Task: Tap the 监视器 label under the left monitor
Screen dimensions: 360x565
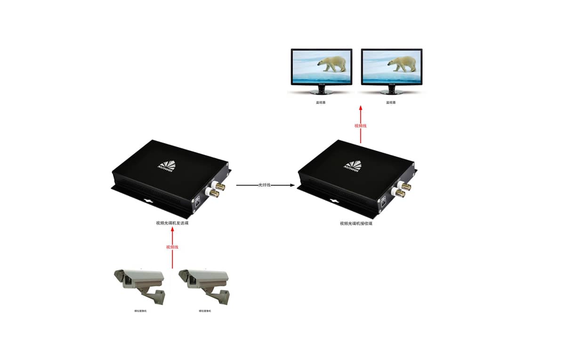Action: click(321, 102)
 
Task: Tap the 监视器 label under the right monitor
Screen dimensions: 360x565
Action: click(391, 102)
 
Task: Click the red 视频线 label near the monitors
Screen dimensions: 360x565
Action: click(360, 126)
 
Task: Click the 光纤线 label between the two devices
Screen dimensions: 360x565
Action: click(265, 185)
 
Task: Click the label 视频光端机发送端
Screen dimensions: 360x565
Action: click(172, 223)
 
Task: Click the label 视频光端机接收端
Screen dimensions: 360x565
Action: click(356, 223)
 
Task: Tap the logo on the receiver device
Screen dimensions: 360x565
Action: click(353, 165)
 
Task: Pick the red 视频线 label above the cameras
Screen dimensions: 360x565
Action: click(172, 247)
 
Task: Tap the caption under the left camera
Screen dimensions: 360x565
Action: click(140, 311)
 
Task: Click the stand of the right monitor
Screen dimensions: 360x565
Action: click(391, 90)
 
